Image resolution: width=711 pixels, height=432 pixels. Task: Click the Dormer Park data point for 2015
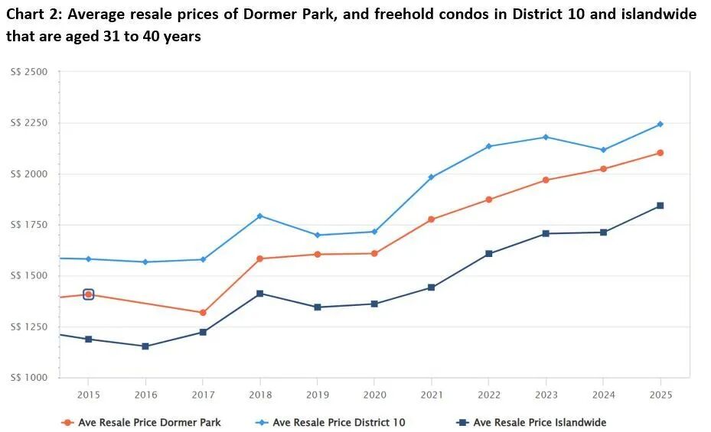click(x=88, y=294)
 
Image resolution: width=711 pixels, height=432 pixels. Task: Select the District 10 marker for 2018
click(x=260, y=216)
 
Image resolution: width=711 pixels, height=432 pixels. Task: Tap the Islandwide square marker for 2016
click(x=145, y=346)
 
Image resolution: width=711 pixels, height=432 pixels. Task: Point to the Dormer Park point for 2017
click(x=203, y=313)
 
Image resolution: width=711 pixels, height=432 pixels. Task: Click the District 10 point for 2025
click(x=660, y=124)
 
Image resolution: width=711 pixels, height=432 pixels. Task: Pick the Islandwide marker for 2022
click(x=489, y=254)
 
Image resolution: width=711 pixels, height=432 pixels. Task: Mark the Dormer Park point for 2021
click(x=432, y=219)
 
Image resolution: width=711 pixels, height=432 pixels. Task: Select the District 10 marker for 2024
click(x=603, y=150)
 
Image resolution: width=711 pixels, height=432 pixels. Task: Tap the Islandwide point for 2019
click(x=318, y=307)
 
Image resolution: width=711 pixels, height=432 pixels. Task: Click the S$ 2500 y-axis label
click(x=29, y=72)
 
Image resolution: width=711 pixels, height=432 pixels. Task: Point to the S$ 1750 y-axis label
click(x=29, y=225)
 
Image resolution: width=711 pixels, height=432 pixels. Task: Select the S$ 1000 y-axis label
click(x=29, y=378)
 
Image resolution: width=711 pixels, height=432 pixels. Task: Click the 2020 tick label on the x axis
click(x=374, y=395)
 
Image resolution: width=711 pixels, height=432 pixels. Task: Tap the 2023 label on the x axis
click(x=546, y=395)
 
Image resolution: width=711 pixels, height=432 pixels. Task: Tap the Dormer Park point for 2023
click(x=546, y=180)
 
